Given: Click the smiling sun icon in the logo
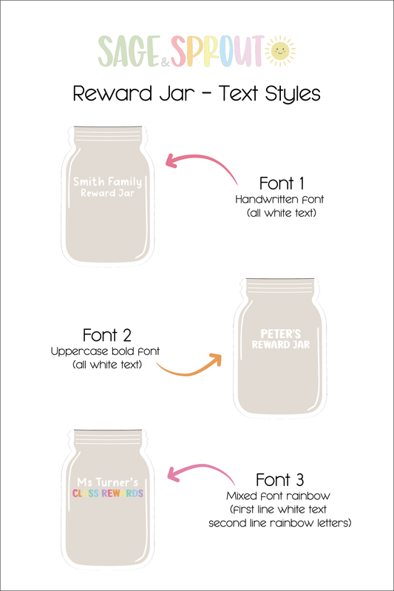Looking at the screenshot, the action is tap(280, 51).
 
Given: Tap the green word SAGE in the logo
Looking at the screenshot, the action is tap(129, 51).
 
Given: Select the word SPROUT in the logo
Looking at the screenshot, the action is tap(217, 51).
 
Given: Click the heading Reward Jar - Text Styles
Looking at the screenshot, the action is tap(197, 94).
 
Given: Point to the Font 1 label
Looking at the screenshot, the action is tap(282, 183).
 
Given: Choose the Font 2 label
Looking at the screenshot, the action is tap(106, 335).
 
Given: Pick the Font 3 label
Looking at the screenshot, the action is tap(279, 480).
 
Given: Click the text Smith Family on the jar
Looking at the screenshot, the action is tap(108, 182).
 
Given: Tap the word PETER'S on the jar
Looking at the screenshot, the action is tap(281, 334).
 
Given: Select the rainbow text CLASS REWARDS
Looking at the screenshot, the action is tap(108, 493).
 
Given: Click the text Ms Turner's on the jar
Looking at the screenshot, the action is tap(108, 482).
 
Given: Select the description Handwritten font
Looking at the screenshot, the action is tap(279, 200).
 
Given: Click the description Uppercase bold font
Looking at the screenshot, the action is tap(106, 351).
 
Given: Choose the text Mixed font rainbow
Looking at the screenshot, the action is tap(279, 496).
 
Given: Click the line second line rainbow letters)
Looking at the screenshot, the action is tap(280, 523).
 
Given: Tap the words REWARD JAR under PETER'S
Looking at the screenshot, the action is tap(281, 345).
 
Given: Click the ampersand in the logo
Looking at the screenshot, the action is tap(166, 62).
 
